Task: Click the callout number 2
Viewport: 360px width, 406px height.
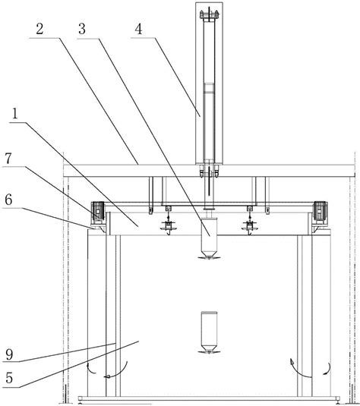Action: [39, 29]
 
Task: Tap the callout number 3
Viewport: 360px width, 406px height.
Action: [82, 29]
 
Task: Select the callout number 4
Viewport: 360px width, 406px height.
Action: [139, 29]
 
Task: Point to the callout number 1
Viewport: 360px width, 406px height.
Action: [15, 114]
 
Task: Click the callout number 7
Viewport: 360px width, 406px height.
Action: [8, 159]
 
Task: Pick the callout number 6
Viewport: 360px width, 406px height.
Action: [8, 200]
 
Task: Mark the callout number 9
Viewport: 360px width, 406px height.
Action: [9, 354]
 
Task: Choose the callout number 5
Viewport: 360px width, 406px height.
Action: [9, 378]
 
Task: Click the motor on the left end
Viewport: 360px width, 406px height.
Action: [98, 211]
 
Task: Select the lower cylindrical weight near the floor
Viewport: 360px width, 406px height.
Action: [209, 332]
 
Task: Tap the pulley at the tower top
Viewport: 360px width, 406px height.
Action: [209, 14]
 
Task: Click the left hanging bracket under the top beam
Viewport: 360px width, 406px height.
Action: [150, 196]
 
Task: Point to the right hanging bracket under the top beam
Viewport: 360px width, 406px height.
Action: [267, 196]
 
